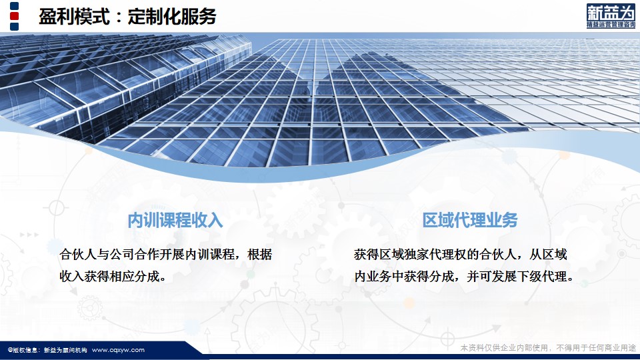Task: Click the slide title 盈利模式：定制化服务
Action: pos(127,17)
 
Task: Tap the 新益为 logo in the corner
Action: pos(611,16)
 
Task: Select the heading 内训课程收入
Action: pos(175,221)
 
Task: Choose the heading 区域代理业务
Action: pos(470,221)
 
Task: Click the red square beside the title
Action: pos(14,16)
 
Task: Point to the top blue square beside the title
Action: pos(14,6)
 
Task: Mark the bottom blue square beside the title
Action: pos(14,27)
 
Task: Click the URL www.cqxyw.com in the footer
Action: pos(118,350)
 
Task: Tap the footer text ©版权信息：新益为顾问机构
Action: pos(47,350)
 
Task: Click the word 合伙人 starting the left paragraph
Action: pos(78,255)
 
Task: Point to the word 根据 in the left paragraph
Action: pos(259,255)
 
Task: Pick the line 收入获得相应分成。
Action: pos(113,277)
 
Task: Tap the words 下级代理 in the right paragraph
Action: pos(541,277)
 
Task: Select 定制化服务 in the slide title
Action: pos(172,17)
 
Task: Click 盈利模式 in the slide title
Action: pos(74,17)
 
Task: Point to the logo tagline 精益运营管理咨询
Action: pos(611,25)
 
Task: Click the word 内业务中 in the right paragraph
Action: pos(379,277)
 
